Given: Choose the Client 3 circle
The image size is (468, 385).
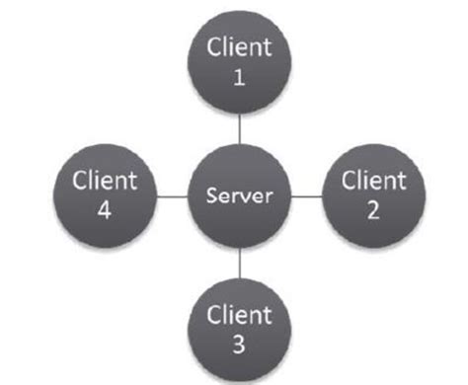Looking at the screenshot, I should [239, 329].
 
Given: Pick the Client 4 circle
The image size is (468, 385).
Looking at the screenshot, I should [105, 195].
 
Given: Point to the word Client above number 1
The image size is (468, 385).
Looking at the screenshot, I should [238, 47].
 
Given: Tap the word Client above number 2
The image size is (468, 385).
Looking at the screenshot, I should [372, 181].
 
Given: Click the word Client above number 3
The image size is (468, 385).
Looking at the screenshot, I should [239, 315].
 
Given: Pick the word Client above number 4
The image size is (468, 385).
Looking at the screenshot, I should [106, 181].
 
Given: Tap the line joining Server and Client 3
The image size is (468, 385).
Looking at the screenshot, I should [239, 265].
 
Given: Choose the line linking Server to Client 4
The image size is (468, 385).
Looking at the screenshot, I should [171, 196].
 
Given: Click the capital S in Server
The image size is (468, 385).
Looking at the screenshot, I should [209, 196].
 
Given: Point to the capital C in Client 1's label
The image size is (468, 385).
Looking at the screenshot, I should [212, 47].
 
